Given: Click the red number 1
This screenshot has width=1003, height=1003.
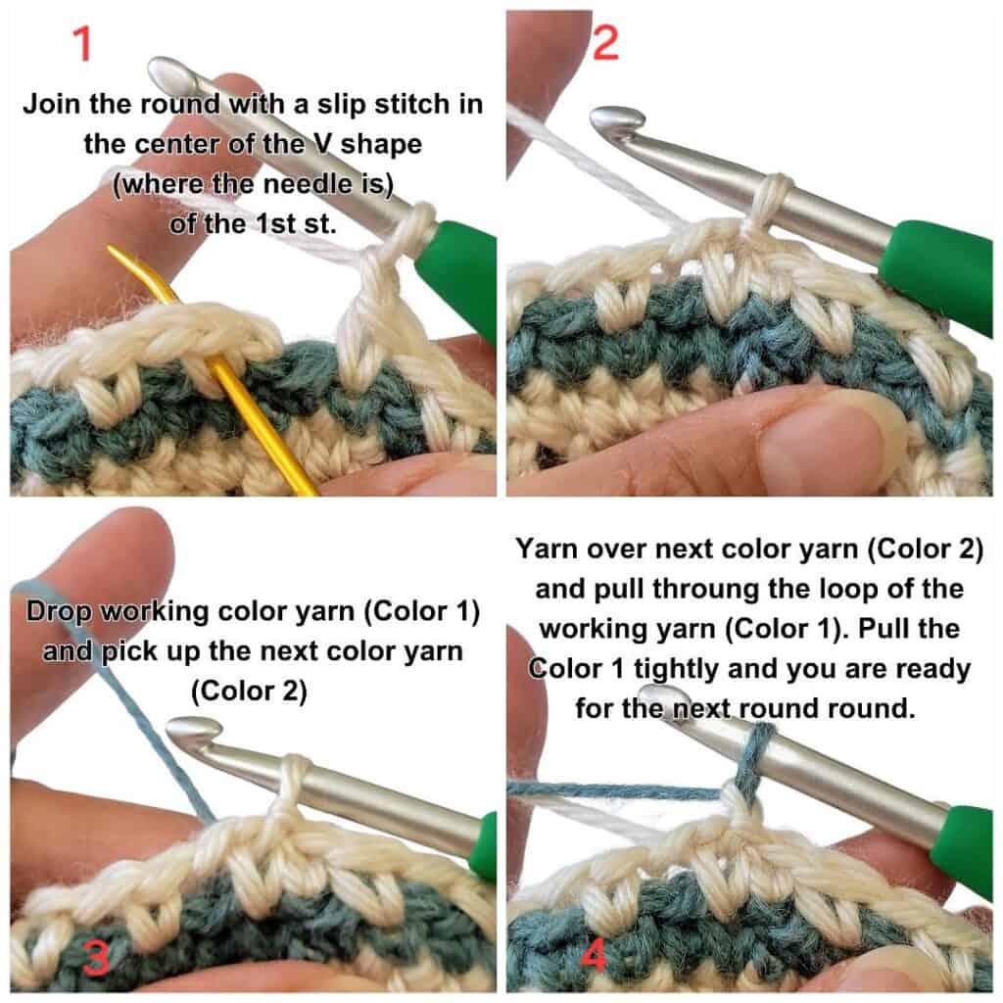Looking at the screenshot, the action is click(82, 43).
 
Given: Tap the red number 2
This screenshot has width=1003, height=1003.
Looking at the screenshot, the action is click(605, 43).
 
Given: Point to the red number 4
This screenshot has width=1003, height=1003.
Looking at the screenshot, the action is click(595, 956).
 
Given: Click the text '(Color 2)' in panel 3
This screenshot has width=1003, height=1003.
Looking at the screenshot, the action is click(249, 692).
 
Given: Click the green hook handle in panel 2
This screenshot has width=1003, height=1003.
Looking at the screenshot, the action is click(937, 268).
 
